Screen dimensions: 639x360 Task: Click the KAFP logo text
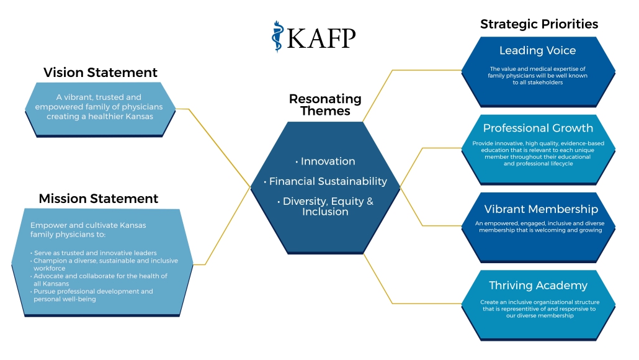tap(321, 38)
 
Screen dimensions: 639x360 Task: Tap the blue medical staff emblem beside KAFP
tap(277, 37)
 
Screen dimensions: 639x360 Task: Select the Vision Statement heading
tap(101, 72)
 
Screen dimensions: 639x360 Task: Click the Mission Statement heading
tap(98, 199)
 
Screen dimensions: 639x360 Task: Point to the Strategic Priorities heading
tap(539, 24)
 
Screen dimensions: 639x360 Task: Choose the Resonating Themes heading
tap(325, 105)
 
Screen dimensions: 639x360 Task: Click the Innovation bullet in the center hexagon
tap(325, 161)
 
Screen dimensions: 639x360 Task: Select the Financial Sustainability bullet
tap(325, 181)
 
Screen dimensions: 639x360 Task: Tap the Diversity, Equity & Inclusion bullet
tap(325, 206)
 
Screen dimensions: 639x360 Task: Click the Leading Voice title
tap(537, 50)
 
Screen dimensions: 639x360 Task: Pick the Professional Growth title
tap(538, 128)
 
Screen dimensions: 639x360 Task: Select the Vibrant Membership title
tap(541, 209)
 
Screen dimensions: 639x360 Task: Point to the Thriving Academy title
tap(538, 286)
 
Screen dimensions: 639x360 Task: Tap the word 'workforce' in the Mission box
tap(49, 268)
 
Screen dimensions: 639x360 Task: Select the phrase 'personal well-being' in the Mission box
tap(65, 299)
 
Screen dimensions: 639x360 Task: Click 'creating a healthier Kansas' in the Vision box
tap(100, 116)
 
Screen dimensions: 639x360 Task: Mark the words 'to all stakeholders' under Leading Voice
tap(537, 83)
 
